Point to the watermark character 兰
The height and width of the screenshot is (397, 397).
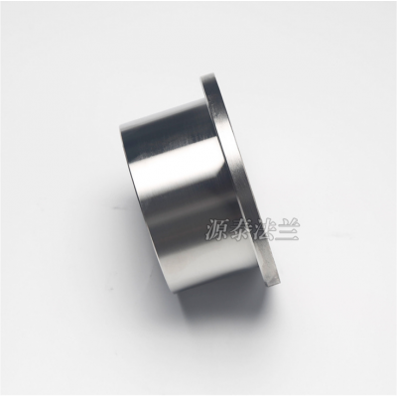[288, 230]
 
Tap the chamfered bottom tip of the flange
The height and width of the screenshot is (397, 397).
[273, 283]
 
